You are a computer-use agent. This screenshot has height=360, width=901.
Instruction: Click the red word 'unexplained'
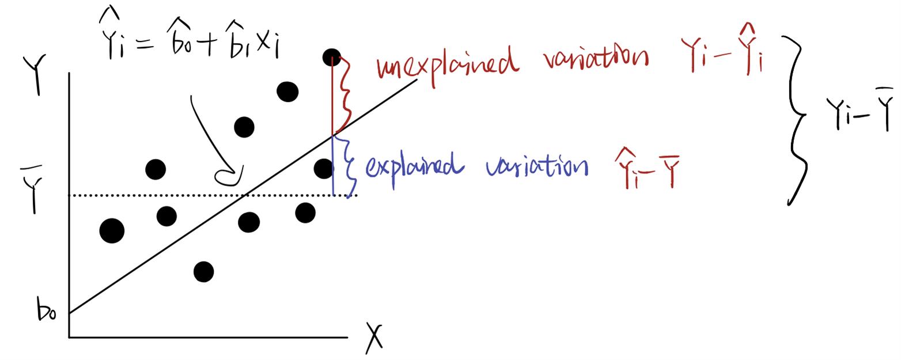coord(446,67)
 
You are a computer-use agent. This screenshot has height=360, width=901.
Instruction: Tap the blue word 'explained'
coord(415,168)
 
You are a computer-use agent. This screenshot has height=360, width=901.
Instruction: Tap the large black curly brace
coord(794,120)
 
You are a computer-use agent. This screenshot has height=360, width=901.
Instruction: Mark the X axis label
coord(374,338)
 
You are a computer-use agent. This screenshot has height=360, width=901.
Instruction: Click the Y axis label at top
coord(35,75)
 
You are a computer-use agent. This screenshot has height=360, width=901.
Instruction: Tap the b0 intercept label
coord(47,310)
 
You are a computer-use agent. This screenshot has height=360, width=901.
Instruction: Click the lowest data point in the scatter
coord(203,272)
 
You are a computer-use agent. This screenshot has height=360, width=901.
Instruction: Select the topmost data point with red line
coord(332,57)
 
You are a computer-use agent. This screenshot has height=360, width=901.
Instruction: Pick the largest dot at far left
coord(112,230)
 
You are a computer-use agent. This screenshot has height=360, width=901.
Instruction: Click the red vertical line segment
coord(332,97)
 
